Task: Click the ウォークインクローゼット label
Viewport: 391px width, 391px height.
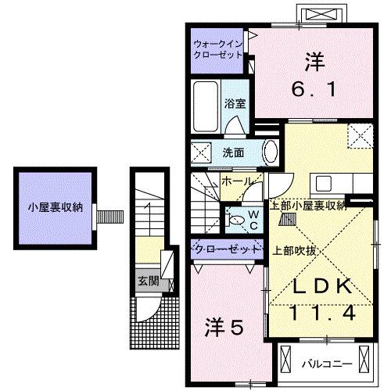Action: [x=218, y=50]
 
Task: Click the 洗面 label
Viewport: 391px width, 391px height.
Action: [x=232, y=152]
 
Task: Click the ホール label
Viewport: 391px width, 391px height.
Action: [x=235, y=181]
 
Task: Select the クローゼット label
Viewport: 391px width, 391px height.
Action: [x=227, y=249]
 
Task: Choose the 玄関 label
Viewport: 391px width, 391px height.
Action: [x=148, y=281]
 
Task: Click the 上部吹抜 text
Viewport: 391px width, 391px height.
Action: [x=294, y=250]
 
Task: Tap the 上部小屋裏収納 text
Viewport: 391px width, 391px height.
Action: [x=307, y=206]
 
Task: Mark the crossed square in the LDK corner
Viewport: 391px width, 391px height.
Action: [x=362, y=136]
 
